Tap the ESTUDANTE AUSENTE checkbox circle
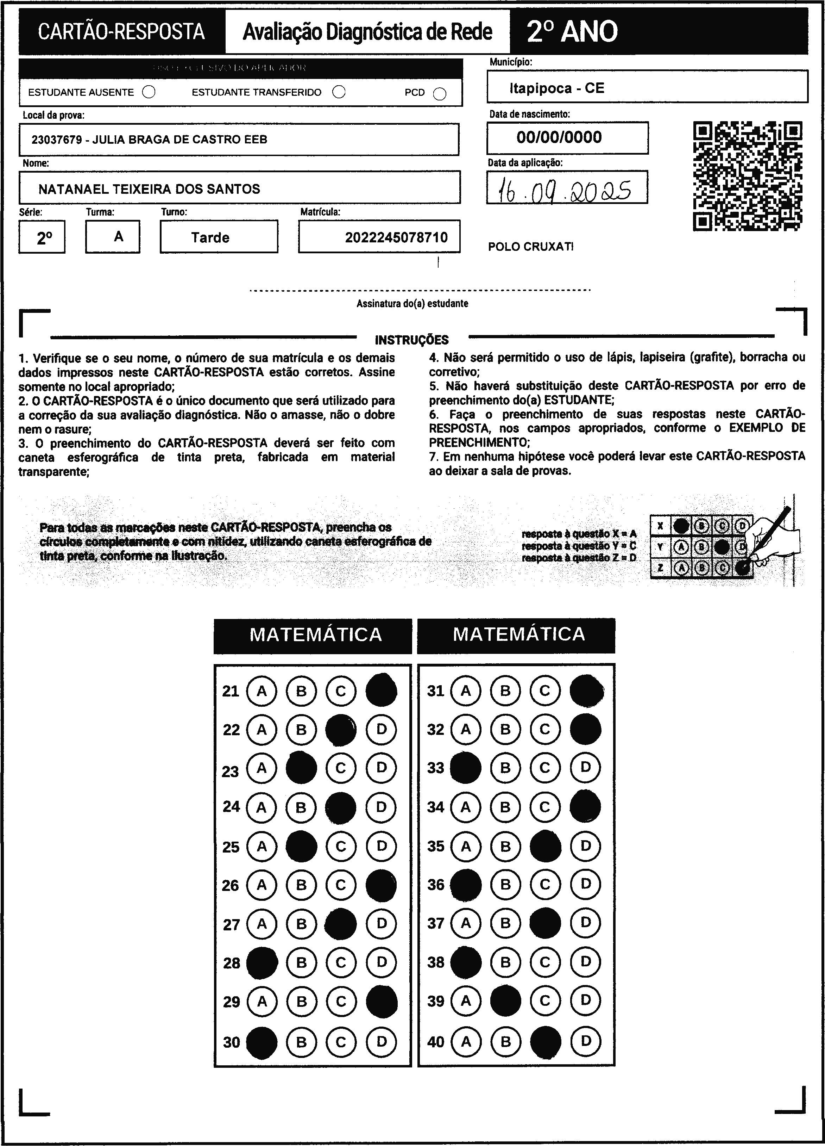[x=149, y=92]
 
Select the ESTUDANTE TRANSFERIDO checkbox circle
[x=339, y=92]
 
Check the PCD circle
[x=440, y=94]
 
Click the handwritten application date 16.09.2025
[x=567, y=191]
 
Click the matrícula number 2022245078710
[x=396, y=237]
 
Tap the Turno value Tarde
[x=210, y=237]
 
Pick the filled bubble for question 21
[x=381, y=690]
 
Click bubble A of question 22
[x=262, y=730]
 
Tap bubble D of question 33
[x=585, y=768]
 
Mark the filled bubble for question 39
[x=505, y=1001]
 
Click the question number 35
[x=436, y=846]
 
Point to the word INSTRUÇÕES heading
[x=411, y=340]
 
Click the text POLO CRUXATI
[x=530, y=247]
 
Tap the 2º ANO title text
[x=572, y=31]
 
